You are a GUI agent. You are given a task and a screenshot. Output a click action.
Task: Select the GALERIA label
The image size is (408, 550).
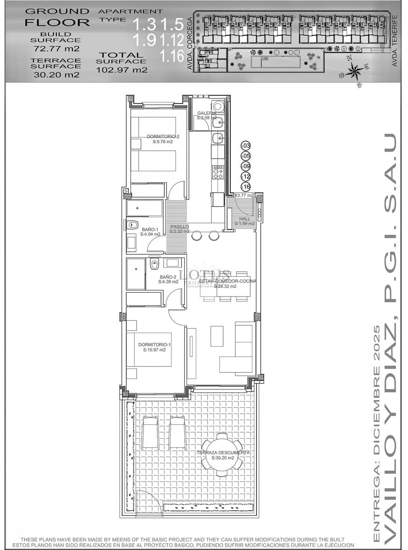[x=206, y=113]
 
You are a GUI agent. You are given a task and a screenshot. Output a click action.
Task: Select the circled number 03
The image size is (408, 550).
[x=246, y=146]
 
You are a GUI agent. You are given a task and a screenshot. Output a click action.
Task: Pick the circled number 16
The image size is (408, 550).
[x=246, y=187]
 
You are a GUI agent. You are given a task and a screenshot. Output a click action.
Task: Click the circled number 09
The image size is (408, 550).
[x=246, y=166]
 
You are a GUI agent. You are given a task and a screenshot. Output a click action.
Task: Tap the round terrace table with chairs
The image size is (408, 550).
[x=222, y=454]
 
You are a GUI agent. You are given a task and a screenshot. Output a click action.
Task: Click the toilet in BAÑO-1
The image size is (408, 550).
[x=132, y=225]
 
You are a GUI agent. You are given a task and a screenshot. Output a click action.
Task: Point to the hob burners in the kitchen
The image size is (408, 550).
[x=218, y=173]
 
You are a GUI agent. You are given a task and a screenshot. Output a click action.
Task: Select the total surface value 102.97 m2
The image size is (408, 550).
[x=122, y=70]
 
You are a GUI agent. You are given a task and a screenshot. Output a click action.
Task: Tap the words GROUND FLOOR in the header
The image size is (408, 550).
[x=57, y=16]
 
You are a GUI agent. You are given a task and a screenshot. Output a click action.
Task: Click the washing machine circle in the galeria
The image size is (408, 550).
[x=218, y=106]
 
